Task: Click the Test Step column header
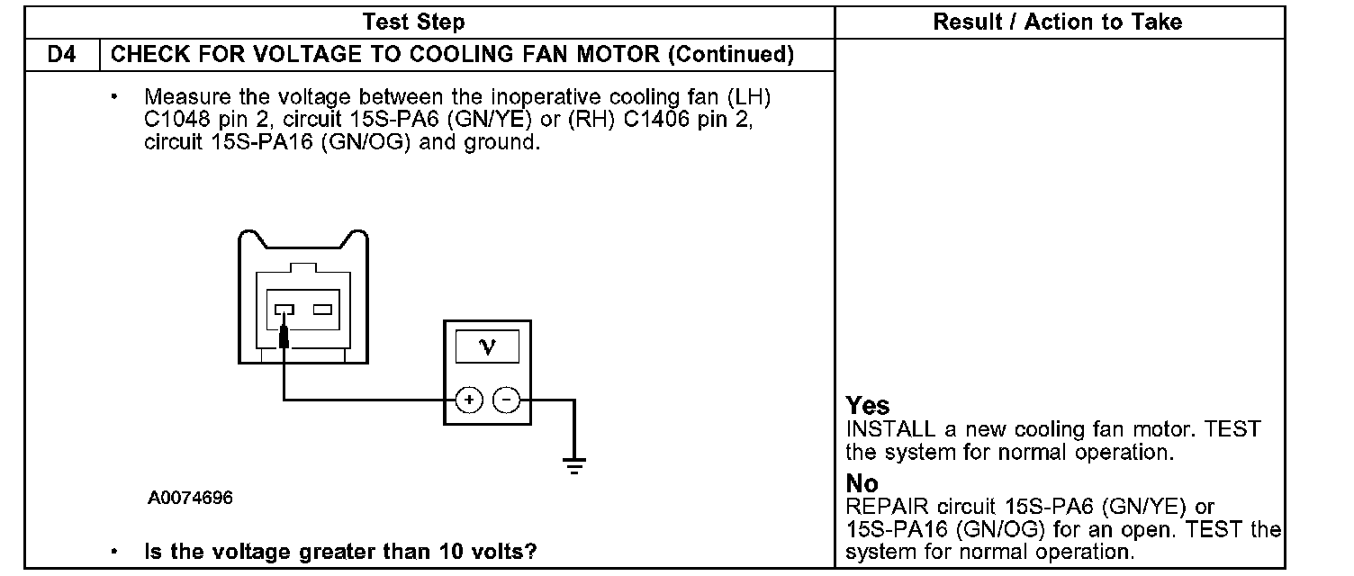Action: coord(413,22)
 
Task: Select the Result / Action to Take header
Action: coord(1058,22)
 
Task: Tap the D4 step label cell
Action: coord(62,55)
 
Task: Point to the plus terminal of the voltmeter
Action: coord(468,399)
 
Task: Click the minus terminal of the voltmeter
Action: coord(508,399)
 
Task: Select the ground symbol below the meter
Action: coord(573,464)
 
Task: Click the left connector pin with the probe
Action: coord(284,311)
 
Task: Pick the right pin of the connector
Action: coord(323,310)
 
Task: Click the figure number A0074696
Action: coord(191,497)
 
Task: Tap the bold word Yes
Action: coord(868,407)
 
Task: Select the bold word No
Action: coord(862,485)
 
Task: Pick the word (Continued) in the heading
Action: coord(730,55)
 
